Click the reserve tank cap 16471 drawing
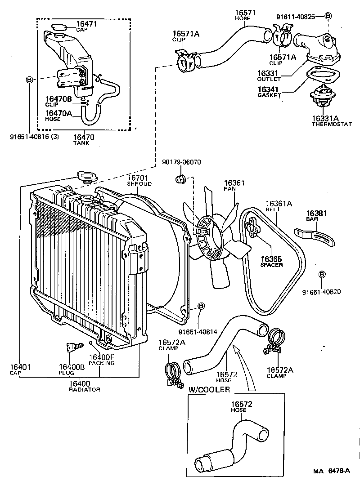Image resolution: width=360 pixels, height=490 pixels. click(58, 27)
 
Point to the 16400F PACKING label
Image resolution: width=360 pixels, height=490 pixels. click(101, 360)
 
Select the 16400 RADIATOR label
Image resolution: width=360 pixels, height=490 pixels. click(84, 386)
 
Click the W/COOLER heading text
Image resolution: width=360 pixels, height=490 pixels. click(209, 389)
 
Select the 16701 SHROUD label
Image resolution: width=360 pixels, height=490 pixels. click(139, 181)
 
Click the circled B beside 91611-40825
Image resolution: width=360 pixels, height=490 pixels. click(328, 16)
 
